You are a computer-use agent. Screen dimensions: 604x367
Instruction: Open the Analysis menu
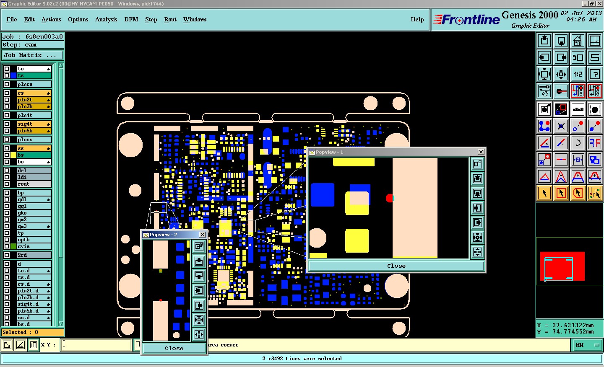click(106, 19)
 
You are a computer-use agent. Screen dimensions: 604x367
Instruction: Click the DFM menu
click(131, 19)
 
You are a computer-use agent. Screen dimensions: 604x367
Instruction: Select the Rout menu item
click(170, 19)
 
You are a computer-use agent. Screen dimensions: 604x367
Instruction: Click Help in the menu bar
click(417, 19)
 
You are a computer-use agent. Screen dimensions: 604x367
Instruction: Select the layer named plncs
click(34, 84)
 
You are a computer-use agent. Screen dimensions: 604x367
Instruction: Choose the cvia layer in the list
click(34, 246)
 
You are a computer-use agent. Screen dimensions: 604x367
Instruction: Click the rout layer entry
click(34, 184)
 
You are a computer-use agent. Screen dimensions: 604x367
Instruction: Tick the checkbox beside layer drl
click(7, 171)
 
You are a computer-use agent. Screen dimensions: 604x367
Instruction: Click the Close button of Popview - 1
click(396, 266)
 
